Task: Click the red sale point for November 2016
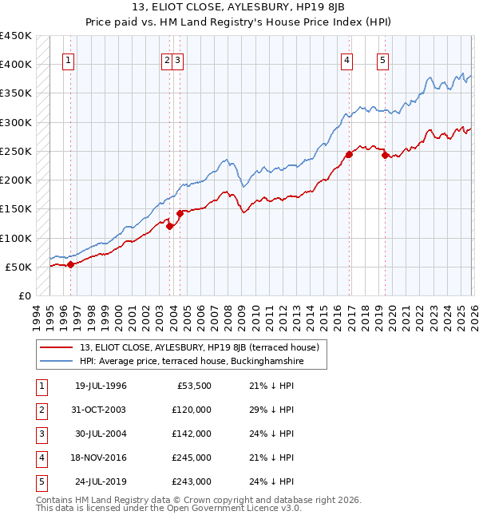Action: click(349, 154)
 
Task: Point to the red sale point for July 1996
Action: click(70, 264)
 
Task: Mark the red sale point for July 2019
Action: click(385, 156)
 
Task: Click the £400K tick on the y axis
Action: click(16, 65)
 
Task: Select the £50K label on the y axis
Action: click(19, 267)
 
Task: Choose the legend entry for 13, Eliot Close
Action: click(200, 347)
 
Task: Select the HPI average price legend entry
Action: click(192, 362)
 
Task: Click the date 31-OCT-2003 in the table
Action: click(101, 410)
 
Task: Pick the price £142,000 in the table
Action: click(192, 434)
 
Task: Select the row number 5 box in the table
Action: click(41, 481)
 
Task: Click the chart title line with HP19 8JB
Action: click(239, 9)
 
